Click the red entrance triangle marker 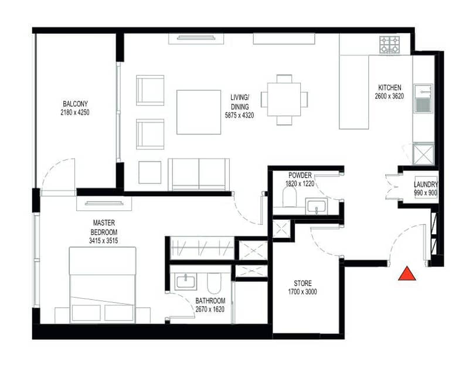tap(407, 274)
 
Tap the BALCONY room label tap(75, 104)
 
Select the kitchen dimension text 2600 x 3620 tap(389, 96)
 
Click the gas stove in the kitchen tap(389, 45)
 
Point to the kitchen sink tap(423, 98)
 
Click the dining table tap(284, 100)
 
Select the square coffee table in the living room tap(199, 112)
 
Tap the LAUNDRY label tap(426, 185)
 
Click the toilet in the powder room tap(289, 197)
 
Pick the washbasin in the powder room tap(317, 206)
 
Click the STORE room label tap(303, 283)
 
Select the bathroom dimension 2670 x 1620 tap(210, 309)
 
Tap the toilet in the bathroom tap(213, 283)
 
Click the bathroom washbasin tap(186, 282)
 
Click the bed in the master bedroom tap(103, 285)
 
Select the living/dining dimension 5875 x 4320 tap(239, 115)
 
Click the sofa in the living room tap(199, 174)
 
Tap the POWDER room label tap(300, 176)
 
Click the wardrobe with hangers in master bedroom tap(202, 248)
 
